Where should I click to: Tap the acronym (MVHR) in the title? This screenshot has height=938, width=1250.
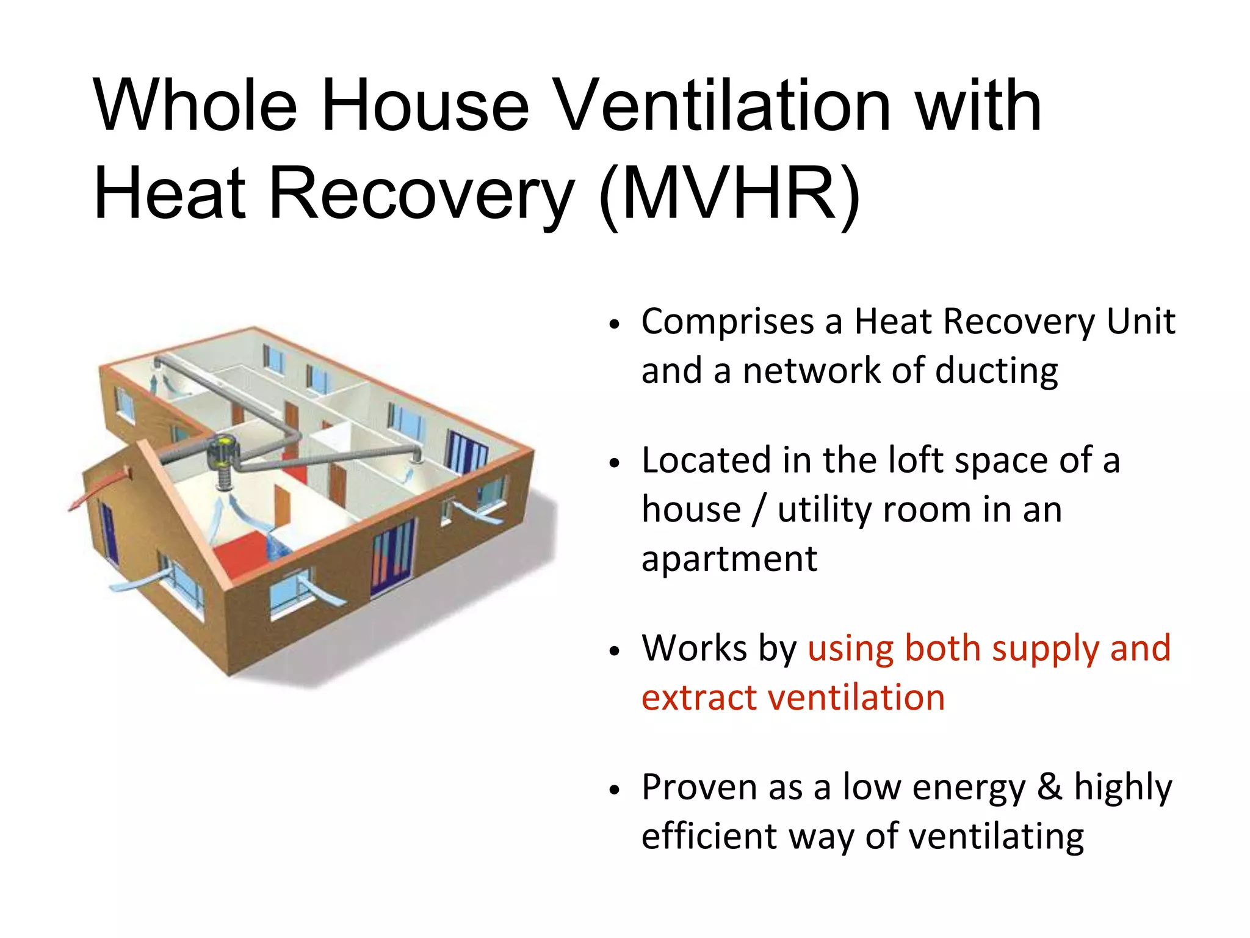click(730, 195)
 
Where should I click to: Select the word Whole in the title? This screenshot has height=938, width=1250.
click(195, 106)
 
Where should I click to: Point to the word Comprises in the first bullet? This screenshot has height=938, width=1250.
click(728, 322)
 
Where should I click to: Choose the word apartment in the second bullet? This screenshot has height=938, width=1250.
click(729, 559)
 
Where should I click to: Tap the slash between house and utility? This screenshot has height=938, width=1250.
click(759, 510)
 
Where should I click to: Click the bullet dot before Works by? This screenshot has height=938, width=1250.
click(614, 651)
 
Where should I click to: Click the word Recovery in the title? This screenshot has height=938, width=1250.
click(421, 195)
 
